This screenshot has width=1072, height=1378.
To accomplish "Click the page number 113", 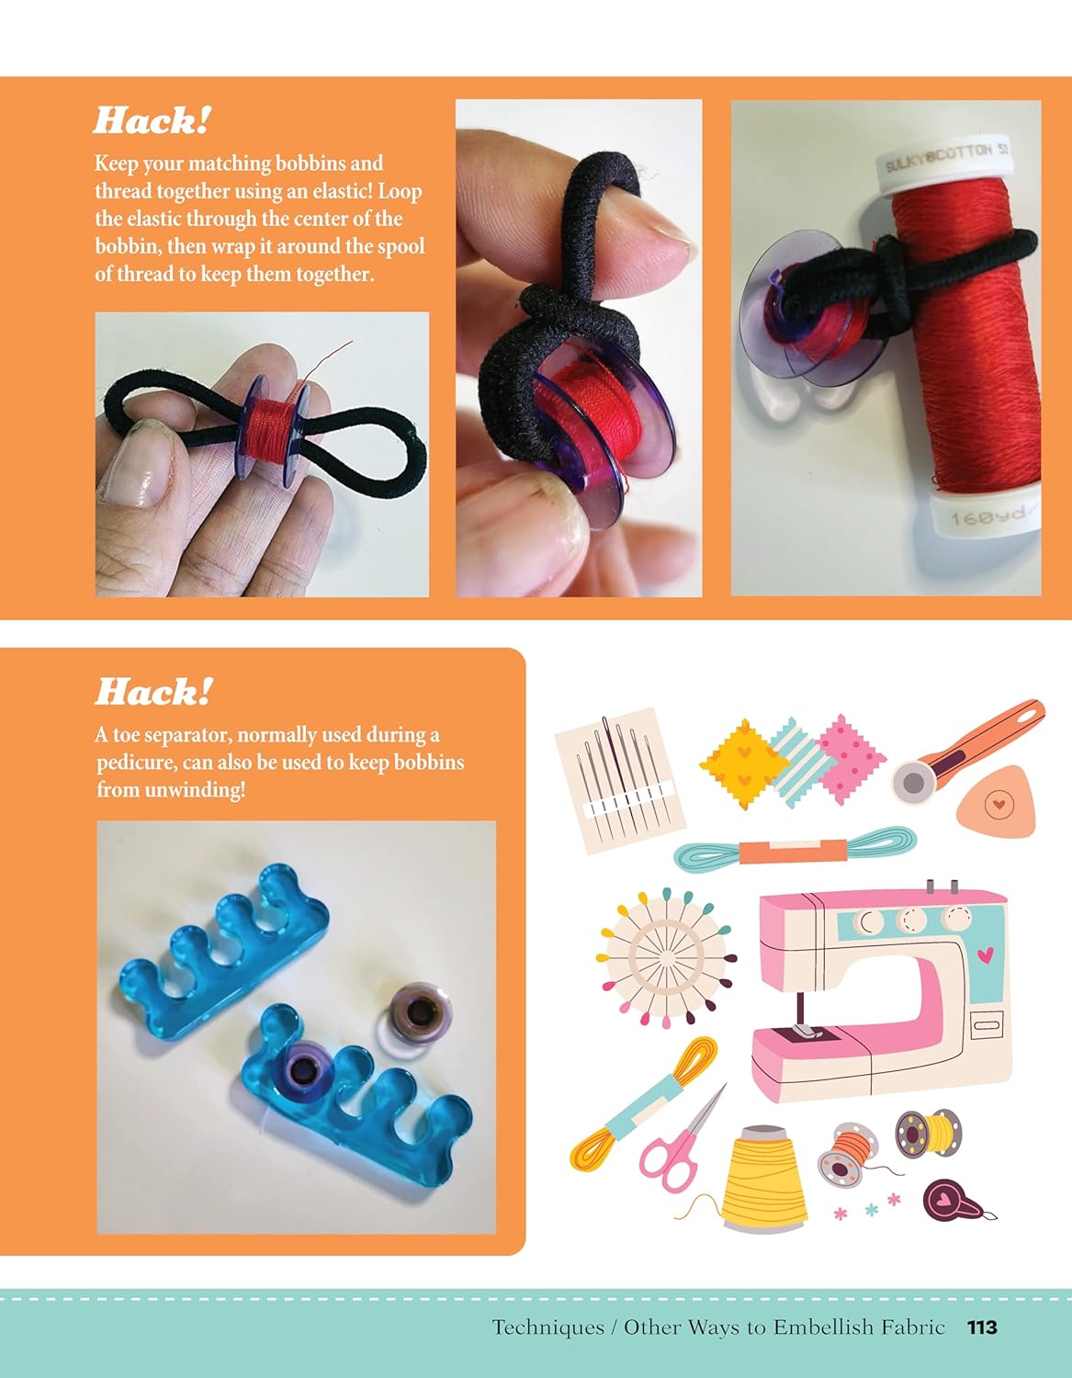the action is click(x=982, y=1327).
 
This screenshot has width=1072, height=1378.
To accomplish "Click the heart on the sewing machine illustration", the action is click(x=985, y=955).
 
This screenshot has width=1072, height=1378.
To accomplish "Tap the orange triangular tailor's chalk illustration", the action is click(x=999, y=802).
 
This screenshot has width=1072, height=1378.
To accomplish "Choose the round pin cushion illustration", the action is click(x=666, y=957).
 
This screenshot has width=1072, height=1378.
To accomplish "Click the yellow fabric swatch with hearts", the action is click(x=744, y=764).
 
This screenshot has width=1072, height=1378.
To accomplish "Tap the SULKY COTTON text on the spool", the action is click(x=942, y=157).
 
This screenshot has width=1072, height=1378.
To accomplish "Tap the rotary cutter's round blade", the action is click(x=914, y=784).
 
